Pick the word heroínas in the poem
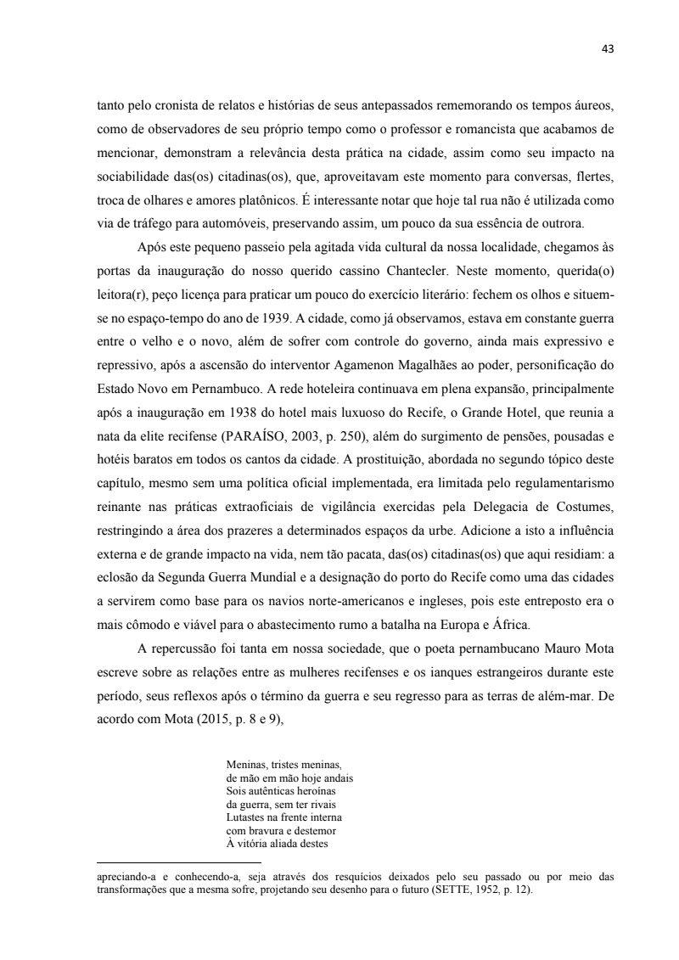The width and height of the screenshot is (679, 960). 314,789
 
